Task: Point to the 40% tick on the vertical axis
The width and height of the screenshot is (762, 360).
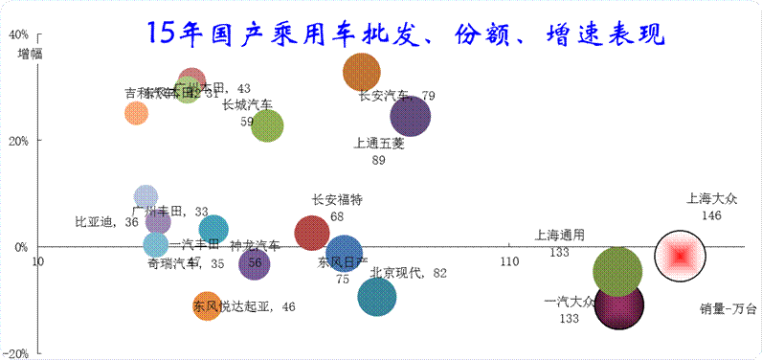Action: pyautogui.click(x=18, y=34)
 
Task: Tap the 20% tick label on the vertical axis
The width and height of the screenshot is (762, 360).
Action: pyautogui.click(x=18, y=140)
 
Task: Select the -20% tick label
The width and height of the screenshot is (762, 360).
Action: pyautogui.click(x=16, y=352)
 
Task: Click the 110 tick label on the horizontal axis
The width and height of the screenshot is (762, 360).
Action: pyautogui.click(x=508, y=261)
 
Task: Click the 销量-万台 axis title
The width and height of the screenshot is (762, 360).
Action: pyautogui.click(x=728, y=308)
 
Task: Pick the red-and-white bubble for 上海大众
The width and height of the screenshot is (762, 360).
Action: pyautogui.click(x=680, y=256)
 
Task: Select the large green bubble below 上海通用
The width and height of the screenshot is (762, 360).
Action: pyautogui.click(x=617, y=271)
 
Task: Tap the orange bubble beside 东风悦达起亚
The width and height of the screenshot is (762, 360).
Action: pyautogui.click(x=207, y=306)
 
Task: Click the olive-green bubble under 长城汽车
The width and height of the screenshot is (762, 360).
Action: pyautogui.click(x=267, y=125)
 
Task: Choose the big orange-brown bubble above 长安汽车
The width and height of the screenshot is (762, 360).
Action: pyautogui.click(x=362, y=72)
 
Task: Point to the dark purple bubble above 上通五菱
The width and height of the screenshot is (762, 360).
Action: pyautogui.click(x=410, y=117)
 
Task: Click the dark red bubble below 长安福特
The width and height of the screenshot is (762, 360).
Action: pyautogui.click(x=311, y=232)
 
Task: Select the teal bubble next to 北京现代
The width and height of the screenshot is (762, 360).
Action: pyautogui.click(x=377, y=297)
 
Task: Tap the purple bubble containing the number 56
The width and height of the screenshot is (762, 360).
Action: pyautogui.click(x=254, y=262)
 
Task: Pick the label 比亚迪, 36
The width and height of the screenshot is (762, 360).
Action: pyautogui.click(x=106, y=222)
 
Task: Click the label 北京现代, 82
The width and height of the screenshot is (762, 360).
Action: pyautogui.click(x=408, y=273)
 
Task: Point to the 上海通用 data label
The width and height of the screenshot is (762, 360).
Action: pyautogui.click(x=559, y=235)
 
